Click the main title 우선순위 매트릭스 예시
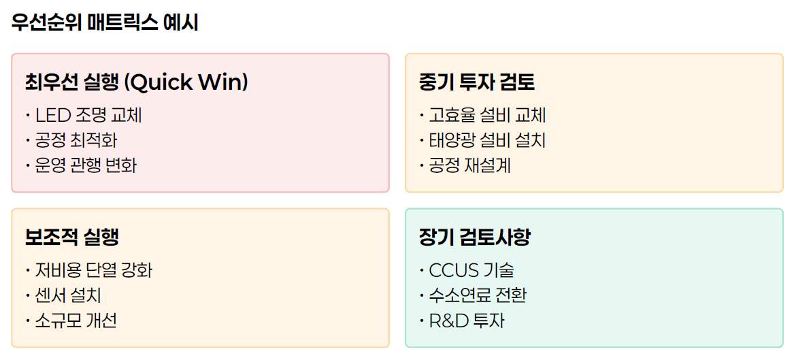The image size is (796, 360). point(105,22)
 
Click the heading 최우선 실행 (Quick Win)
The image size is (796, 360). point(136,82)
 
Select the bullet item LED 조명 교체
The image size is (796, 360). point(88,116)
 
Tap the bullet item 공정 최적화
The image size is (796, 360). point(76,141)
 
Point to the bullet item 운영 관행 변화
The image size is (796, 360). point(86,165)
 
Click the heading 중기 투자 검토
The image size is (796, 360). point(477,82)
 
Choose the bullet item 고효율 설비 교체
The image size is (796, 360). point(487,116)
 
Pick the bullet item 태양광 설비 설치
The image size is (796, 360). point(487,141)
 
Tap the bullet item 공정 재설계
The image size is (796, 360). point(469,165)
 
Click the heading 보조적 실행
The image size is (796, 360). point(72,238)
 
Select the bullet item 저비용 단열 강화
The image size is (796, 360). point(94,271)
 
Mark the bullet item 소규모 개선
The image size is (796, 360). point(76,321)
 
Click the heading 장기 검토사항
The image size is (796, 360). point(475,238)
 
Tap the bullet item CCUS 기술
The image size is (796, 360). point(471,271)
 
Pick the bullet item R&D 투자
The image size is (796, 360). point(467,321)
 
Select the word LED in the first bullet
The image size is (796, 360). point(52,116)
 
